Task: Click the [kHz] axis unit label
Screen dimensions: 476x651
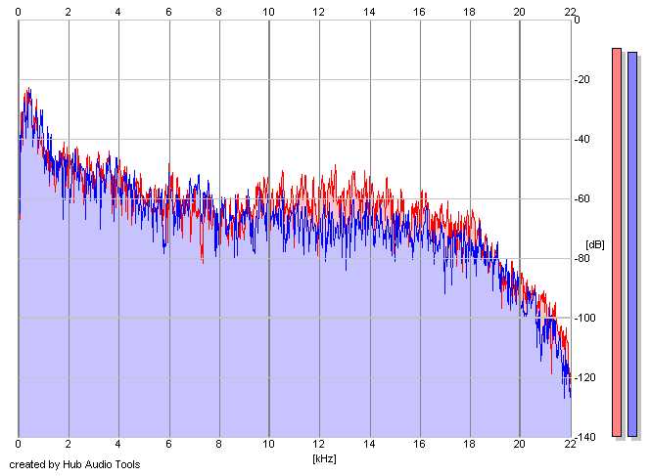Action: tap(324, 457)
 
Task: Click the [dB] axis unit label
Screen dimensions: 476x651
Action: tap(595, 243)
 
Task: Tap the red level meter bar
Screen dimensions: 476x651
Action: tap(617, 241)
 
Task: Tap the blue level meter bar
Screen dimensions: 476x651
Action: tap(632, 242)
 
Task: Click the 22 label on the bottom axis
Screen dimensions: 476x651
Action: tap(570, 447)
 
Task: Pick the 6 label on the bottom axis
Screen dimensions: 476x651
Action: tap(168, 447)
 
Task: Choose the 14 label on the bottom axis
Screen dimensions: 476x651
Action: tap(369, 447)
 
